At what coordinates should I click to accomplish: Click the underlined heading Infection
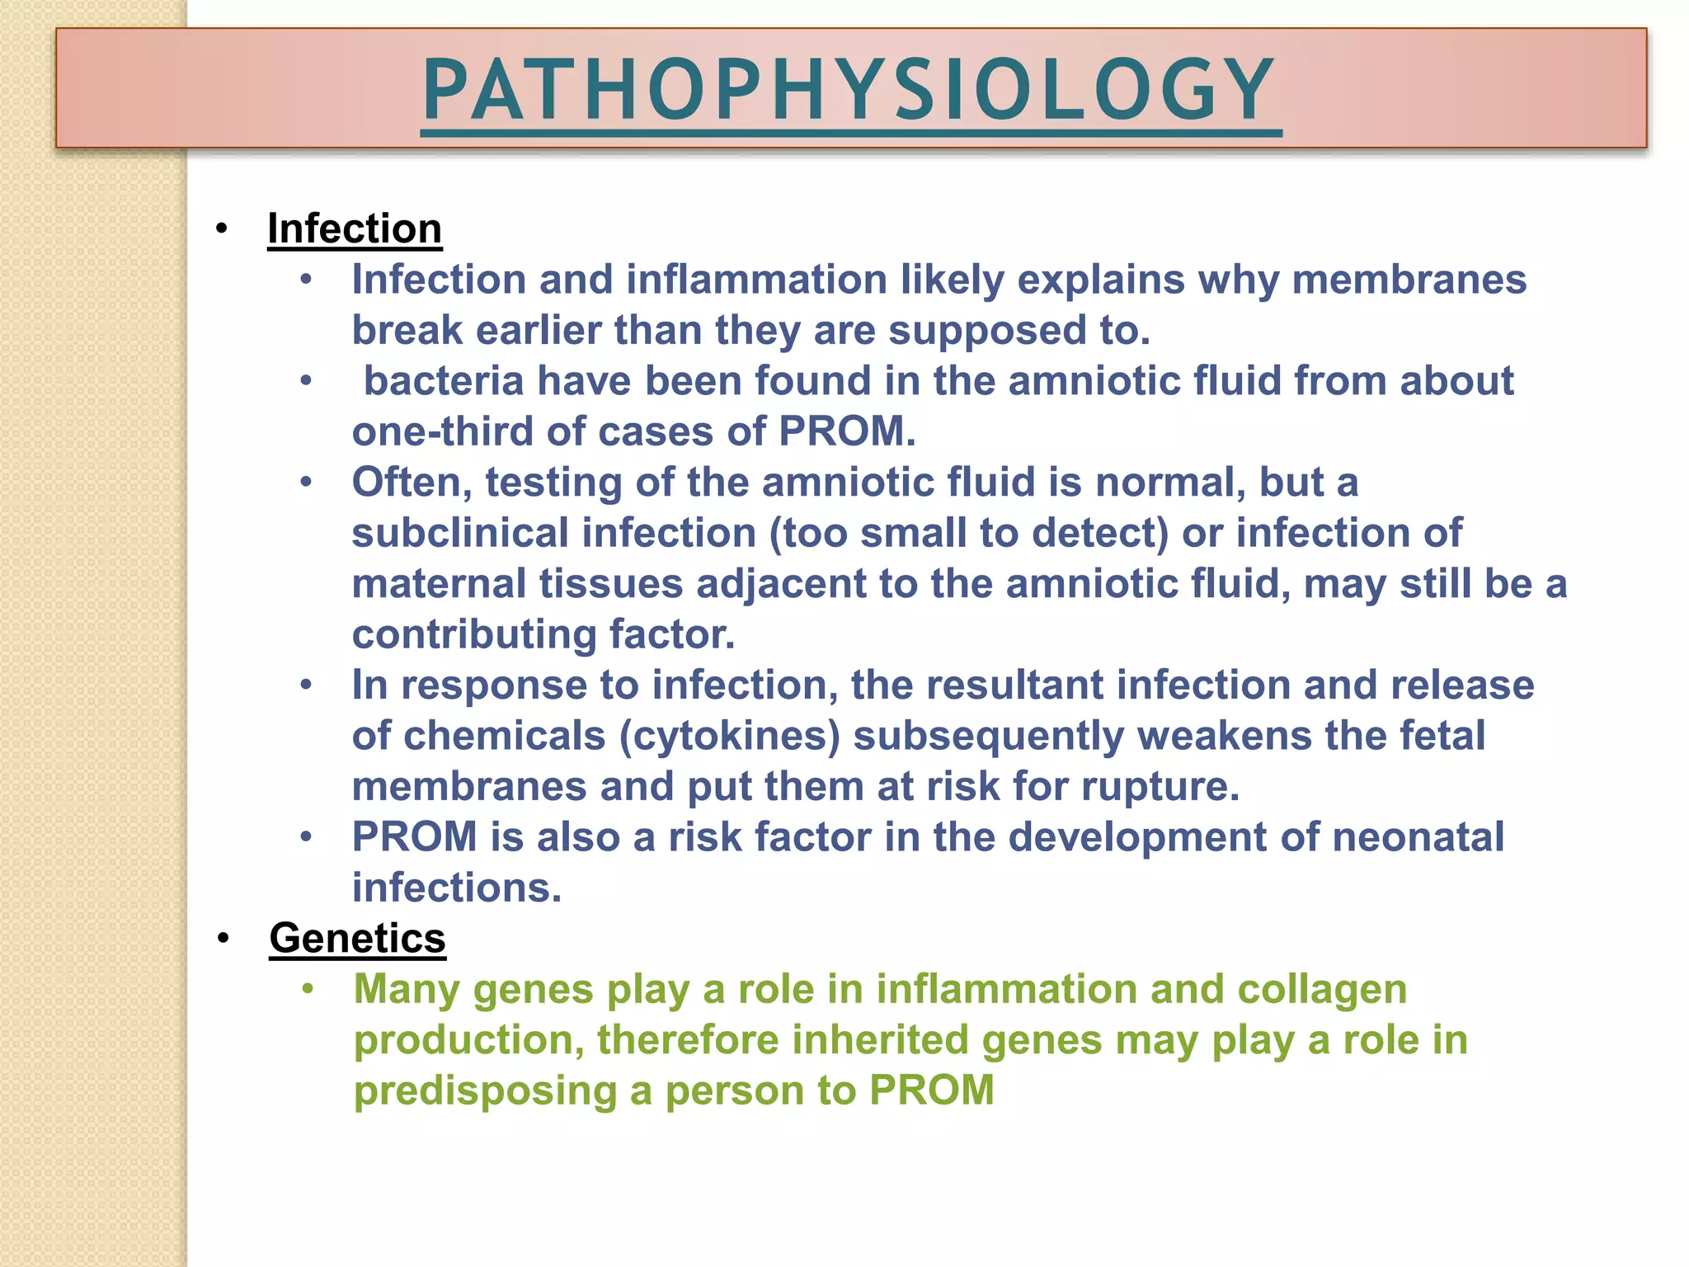(x=355, y=228)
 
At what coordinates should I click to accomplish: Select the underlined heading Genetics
(x=357, y=938)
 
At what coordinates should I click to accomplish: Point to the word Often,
(x=412, y=483)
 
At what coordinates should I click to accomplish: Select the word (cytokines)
(x=729, y=736)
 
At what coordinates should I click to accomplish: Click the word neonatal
(x=1418, y=837)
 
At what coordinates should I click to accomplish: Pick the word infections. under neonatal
(x=456, y=888)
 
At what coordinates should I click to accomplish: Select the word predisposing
(x=485, y=1090)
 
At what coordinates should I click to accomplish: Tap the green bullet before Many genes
(x=308, y=989)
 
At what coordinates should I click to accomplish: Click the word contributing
(x=473, y=634)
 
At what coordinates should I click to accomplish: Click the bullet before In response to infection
(x=306, y=685)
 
